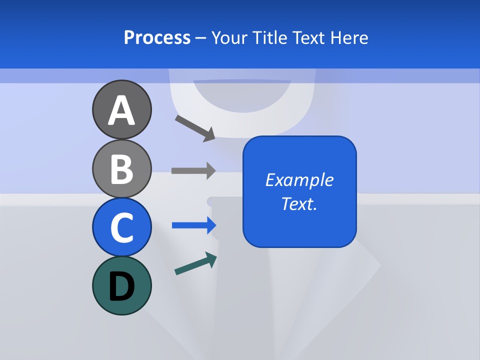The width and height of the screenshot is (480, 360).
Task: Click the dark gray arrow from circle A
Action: pyautogui.click(x=195, y=128)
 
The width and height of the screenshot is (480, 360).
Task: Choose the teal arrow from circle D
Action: pyautogui.click(x=195, y=263)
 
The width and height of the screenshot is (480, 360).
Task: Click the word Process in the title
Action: pyautogui.click(x=157, y=37)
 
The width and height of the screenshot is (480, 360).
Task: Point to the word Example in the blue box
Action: pyautogui.click(x=299, y=180)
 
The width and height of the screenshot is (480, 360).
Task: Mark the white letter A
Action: pyautogui.click(x=121, y=110)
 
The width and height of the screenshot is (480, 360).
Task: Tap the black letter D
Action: pyautogui.click(x=121, y=287)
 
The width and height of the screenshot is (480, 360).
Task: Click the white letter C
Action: pyautogui.click(x=121, y=228)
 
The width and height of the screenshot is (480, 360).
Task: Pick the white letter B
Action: pyautogui.click(x=121, y=169)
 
